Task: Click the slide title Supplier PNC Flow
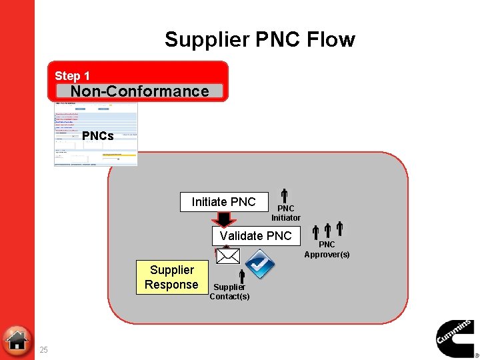click(260, 39)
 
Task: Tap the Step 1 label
click(72, 76)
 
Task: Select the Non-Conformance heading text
click(139, 91)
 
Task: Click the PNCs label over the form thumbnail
click(98, 136)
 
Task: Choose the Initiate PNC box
click(224, 202)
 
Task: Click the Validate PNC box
click(256, 235)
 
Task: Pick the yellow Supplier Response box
click(171, 277)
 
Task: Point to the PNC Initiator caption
click(285, 213)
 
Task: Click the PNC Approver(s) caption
click(327, 249)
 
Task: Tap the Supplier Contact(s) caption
click(229, 292)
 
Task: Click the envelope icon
click(227, 256)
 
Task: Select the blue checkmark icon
click(260, 264)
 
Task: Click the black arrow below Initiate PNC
click(224, 219)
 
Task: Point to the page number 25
click(43, 350)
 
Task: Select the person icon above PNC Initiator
click(283, 196)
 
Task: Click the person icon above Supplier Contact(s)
click(242, 275)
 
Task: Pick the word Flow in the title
click(331, 39)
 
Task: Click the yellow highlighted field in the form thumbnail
click(119, 155)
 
